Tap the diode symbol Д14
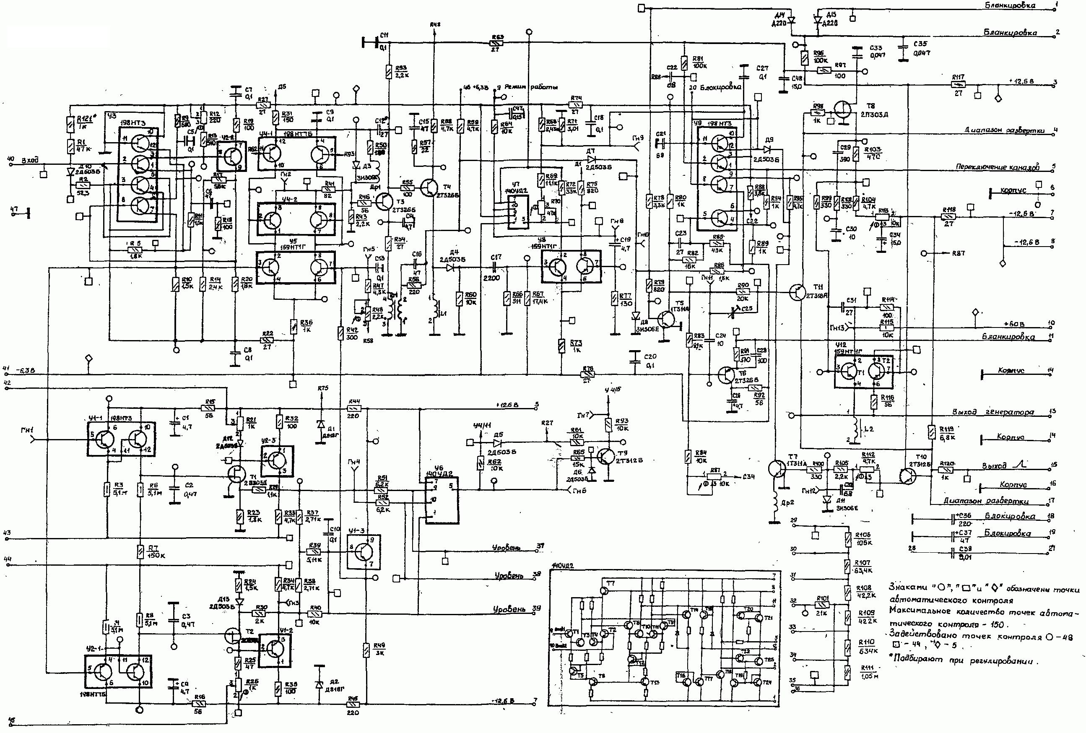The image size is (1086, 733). [x=791, y=20]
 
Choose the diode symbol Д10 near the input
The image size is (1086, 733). [x=70, y=171]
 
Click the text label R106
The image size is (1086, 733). [x=864, y=533]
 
